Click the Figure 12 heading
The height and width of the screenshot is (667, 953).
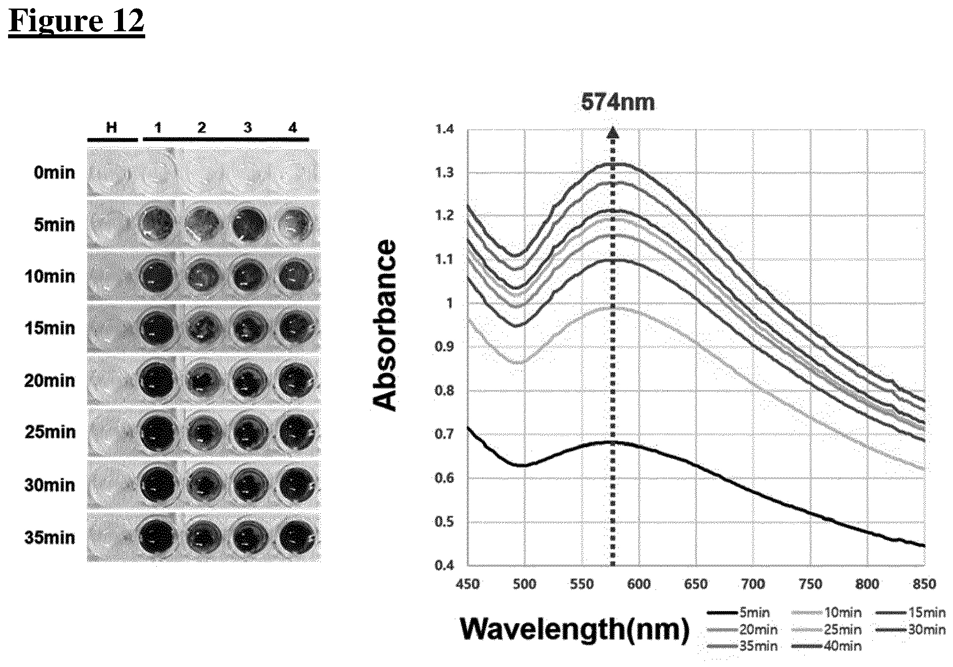click(x=77, y=22)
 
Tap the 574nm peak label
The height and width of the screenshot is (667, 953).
click(x=618, y=102)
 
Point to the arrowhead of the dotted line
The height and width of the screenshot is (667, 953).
click(x=613, y=132)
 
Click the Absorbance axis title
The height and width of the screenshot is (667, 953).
click(x=384, y=325)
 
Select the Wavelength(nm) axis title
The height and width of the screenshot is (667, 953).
click(x=575, y=629)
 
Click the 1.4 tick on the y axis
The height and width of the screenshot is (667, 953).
click(x=444, y=129)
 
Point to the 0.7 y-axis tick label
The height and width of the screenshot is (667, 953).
click(x=444, y=434)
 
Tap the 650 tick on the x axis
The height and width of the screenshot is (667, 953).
click(x=696, y=584)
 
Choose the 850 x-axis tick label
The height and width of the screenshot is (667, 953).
click(x=924, y=584)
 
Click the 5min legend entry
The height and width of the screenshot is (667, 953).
click(x=739, y=613)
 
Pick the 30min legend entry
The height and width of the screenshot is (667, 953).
click(x=910, y=630)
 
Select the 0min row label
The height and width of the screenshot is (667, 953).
click(x=54, y=173)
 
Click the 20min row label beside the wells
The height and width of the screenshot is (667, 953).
click(x=50, y=381)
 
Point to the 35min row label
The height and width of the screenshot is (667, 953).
click(x=50, y=537)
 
